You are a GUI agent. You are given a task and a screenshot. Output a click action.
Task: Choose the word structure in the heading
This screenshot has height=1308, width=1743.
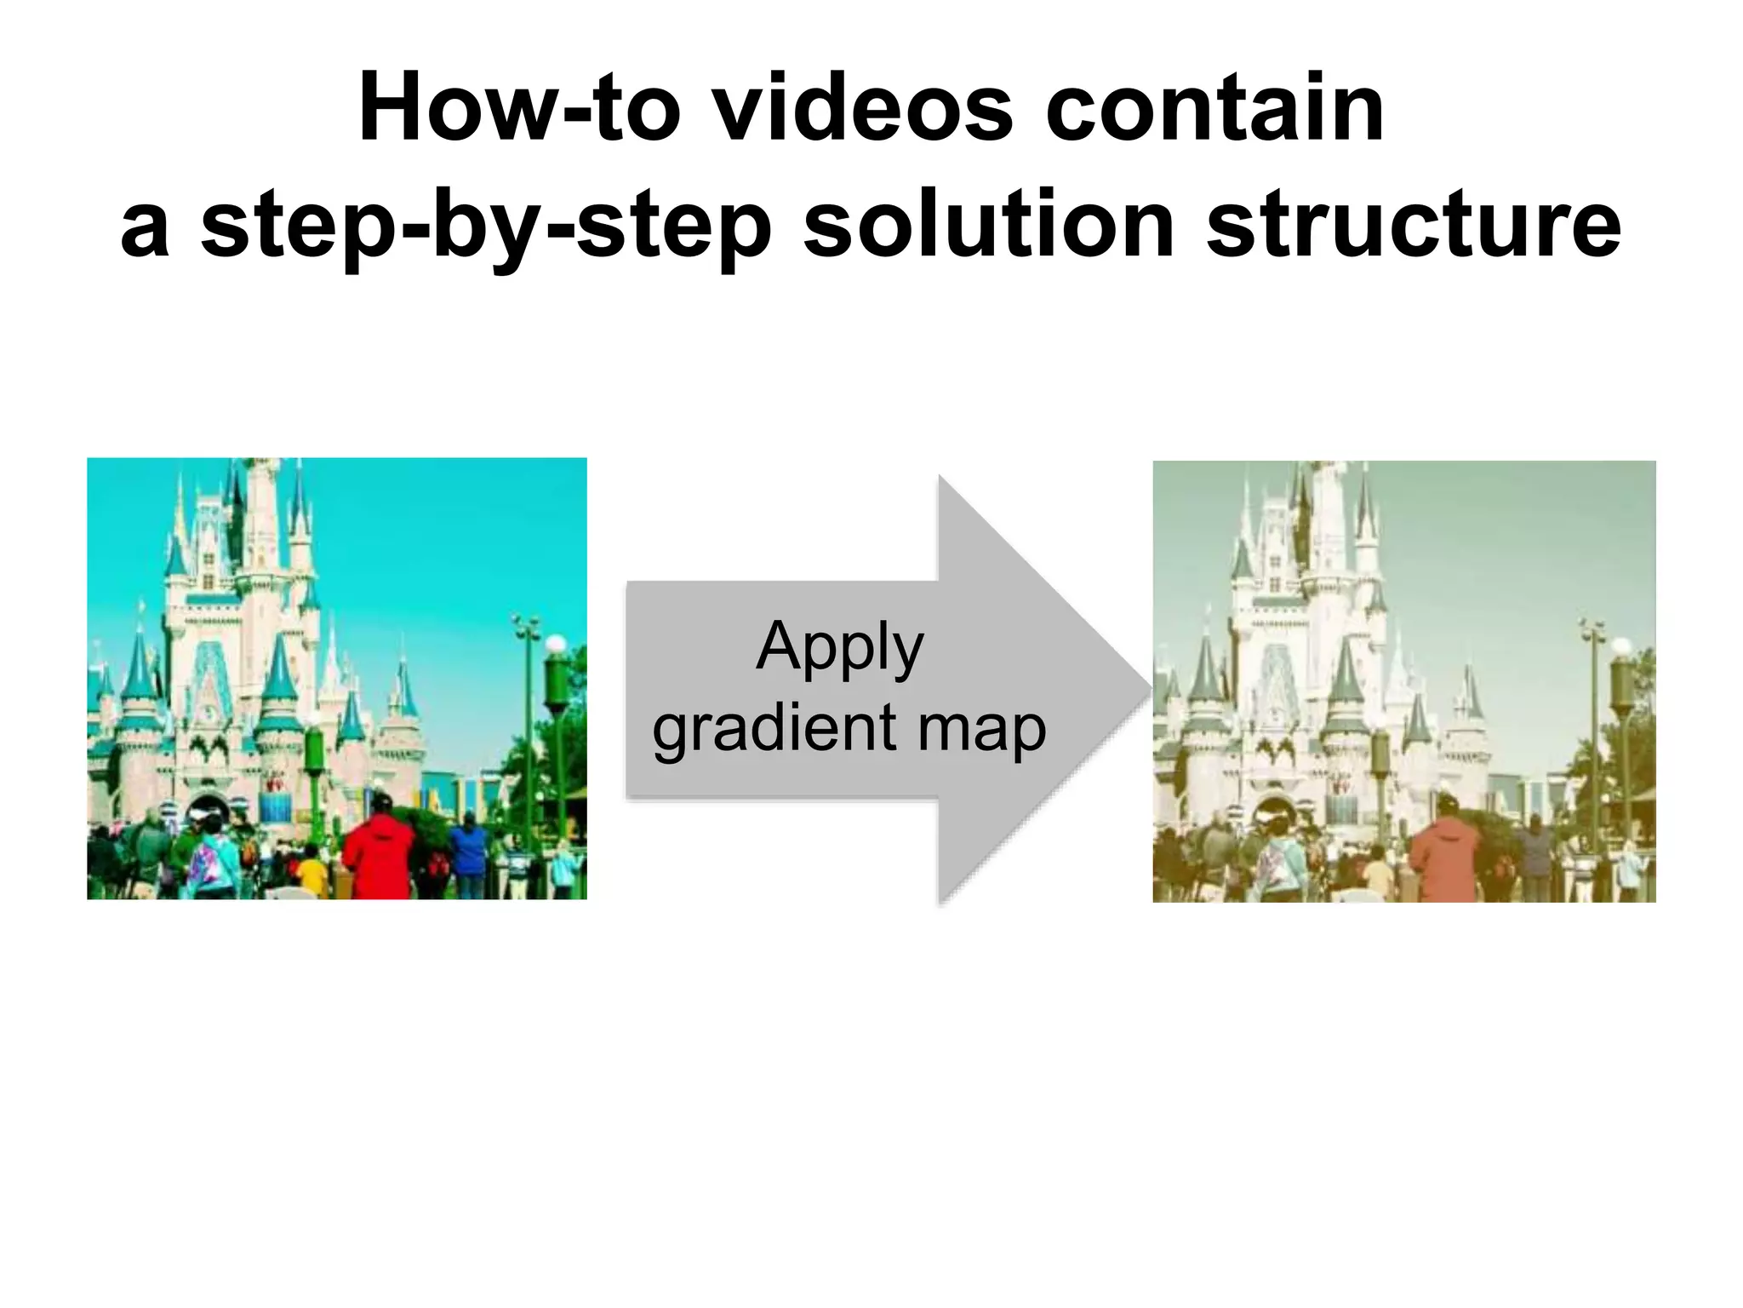(1413, 223)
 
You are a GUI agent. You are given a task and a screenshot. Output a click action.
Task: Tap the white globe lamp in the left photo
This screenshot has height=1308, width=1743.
(555, 644)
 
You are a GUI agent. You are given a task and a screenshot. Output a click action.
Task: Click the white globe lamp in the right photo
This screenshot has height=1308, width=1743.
(1621, 647)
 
